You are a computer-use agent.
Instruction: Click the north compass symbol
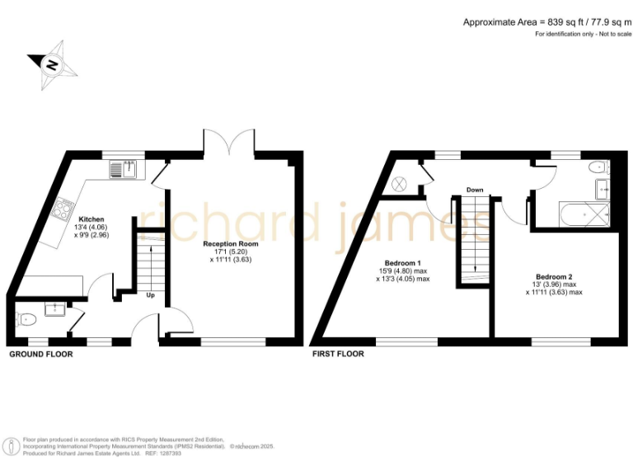tap(50, 63)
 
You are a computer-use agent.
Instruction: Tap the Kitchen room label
tap(91, 219)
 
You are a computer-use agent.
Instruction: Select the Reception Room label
tap(231, 245)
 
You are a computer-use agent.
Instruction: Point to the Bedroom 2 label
tap(553, 276)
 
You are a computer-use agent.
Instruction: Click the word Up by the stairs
tap(150, 294)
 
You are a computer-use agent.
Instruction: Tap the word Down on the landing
tap(474, 190)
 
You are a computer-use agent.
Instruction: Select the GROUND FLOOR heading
tap(41, 355)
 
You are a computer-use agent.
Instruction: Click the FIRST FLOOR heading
tap(338, 355)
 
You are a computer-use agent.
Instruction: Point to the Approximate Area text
tap(546, 22)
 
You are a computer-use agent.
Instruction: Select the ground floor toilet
tap(27, 317)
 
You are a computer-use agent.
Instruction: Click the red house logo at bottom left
tap(12, 445)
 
